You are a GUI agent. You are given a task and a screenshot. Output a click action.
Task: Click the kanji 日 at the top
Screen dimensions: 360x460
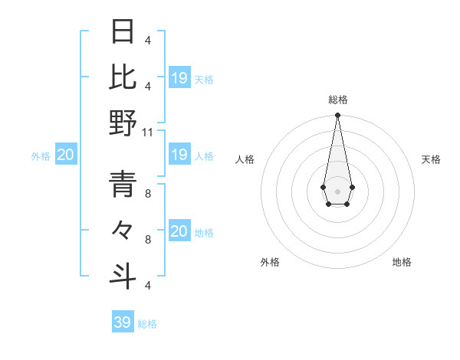pos(123,32)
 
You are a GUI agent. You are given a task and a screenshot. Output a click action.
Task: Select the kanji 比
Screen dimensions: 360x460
pos(123,77)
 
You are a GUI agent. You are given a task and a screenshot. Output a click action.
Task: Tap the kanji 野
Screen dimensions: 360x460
pos(123,123)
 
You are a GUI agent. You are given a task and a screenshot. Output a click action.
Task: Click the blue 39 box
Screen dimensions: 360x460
pos(123,322)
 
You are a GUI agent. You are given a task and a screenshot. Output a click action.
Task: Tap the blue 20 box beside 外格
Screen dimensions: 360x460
pos(65,155)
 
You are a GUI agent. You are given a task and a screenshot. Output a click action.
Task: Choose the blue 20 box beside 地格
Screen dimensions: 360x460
pos(179,231)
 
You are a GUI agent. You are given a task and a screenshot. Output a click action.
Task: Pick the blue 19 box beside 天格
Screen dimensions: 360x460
pos(179,78)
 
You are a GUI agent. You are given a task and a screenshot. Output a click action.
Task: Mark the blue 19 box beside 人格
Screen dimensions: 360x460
pos(179,155)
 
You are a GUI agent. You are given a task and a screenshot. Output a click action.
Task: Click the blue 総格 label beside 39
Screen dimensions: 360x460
pos(147,324)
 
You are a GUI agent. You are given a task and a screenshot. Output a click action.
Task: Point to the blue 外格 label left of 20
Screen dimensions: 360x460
pos(41,156)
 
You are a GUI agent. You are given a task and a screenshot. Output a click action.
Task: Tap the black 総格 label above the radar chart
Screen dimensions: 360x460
pos(338,100)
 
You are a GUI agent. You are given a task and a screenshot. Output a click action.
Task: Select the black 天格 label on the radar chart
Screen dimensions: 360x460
pos(432,159)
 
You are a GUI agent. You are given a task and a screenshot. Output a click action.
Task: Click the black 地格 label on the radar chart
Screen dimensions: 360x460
pos(402,262)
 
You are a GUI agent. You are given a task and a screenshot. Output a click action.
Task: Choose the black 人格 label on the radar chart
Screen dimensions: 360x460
pos(245,159)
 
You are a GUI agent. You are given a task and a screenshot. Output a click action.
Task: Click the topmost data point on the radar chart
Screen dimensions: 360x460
pos(337,116)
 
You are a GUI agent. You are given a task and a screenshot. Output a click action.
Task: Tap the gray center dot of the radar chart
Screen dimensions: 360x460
pos(337,190)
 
